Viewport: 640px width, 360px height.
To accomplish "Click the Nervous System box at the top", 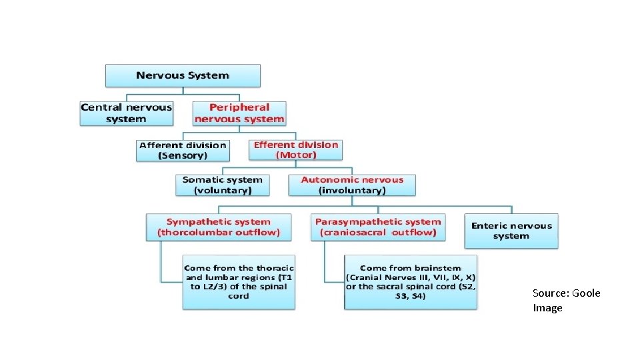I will click(x=183, y=75).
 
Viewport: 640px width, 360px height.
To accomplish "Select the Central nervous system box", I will click(x=126, y=113).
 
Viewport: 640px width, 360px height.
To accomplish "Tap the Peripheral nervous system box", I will click(x=239, y=113).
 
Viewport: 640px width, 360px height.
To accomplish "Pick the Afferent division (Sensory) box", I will click(x=183, y=150).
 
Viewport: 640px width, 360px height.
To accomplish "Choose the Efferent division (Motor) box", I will click(x=296, y=150).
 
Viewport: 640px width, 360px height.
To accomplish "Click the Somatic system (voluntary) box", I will click(x=223, y=185).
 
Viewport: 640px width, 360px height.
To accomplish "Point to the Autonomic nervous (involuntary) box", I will click(x=352, y=185).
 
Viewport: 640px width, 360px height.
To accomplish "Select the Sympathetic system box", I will click(x=219, y=227).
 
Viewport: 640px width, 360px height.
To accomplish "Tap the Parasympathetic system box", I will click(x=378, y=227).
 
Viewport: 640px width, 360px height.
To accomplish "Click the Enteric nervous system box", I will click(x=511, y=231).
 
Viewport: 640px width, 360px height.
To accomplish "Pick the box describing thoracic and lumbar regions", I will click(x=239, y=281).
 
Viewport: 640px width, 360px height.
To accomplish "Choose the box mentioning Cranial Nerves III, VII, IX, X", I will click(x=411, y=281).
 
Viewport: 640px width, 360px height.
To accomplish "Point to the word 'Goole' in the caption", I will click(x=587, y=293).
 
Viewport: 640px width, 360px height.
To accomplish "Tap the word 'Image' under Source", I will click(x=547, y=307).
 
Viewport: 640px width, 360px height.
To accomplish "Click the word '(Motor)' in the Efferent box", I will click(x=296, y=155).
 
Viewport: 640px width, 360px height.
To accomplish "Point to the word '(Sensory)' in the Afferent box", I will click(x=183, y=155).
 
